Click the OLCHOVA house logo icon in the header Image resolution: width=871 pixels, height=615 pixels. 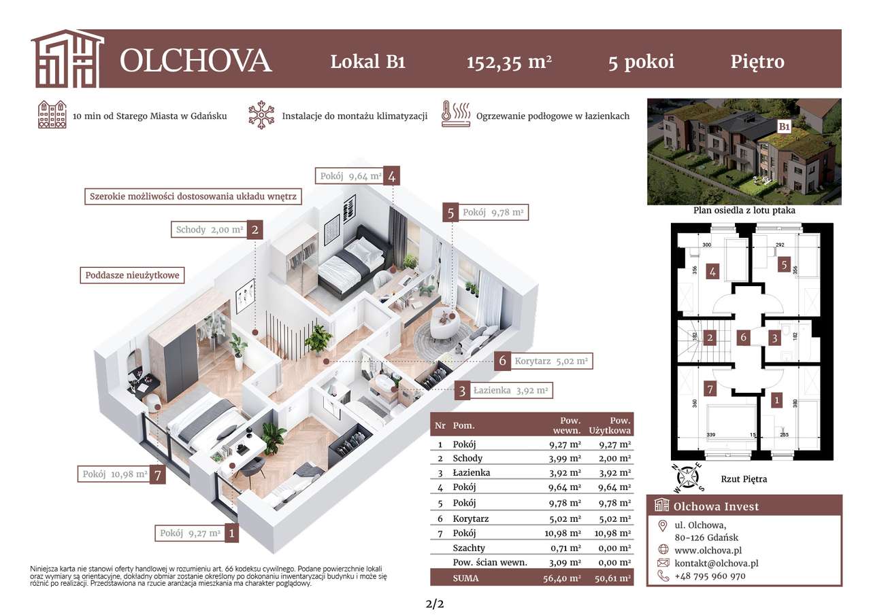[67, 59]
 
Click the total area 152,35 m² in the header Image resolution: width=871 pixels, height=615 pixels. [508, 62]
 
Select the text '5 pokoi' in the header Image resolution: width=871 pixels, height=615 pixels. [641, 62]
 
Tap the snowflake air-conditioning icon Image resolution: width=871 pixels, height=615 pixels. [261, 116]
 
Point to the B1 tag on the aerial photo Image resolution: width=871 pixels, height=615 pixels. [784, 126]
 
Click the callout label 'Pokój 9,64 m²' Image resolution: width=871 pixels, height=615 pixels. [349, 176]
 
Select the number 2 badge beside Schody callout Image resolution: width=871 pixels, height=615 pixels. [254, 230]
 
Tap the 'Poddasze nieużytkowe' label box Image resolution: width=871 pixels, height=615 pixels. [132, 275]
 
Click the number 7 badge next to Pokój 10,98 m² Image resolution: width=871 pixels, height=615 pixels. [158, 474]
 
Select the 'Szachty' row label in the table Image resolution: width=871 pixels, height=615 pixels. [468, 548]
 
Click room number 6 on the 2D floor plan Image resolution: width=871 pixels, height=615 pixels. [744, 337]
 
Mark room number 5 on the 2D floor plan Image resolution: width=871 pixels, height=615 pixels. [785, 266]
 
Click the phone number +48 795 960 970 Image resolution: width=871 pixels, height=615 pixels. [710, 576]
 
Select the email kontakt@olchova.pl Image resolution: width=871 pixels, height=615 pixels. [716, 563]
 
